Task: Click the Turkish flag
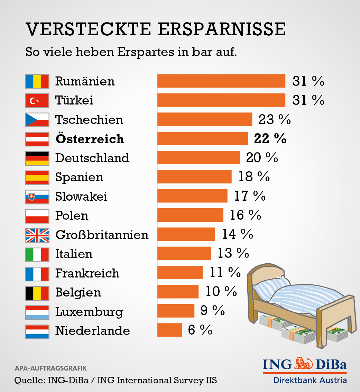coord(37,101)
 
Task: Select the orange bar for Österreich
coord(203,139)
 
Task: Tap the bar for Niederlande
coord(169,330)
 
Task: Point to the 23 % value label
coord(275,120)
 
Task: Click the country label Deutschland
coord(92,158)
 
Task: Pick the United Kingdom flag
coord(37,235)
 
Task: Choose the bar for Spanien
coord(194,177)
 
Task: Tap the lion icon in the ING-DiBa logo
coord(304,364)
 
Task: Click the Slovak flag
coord(37,197)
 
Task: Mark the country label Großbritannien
coord(102,235)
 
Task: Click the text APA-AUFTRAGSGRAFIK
coord(50,368)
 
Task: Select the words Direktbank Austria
coord(310,380)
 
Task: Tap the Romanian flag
coord(37,81)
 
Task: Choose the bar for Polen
coord(190,215)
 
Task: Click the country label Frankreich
coord(87,273)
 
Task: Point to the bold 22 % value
coord(270,139)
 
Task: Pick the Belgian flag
coord(37,292)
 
